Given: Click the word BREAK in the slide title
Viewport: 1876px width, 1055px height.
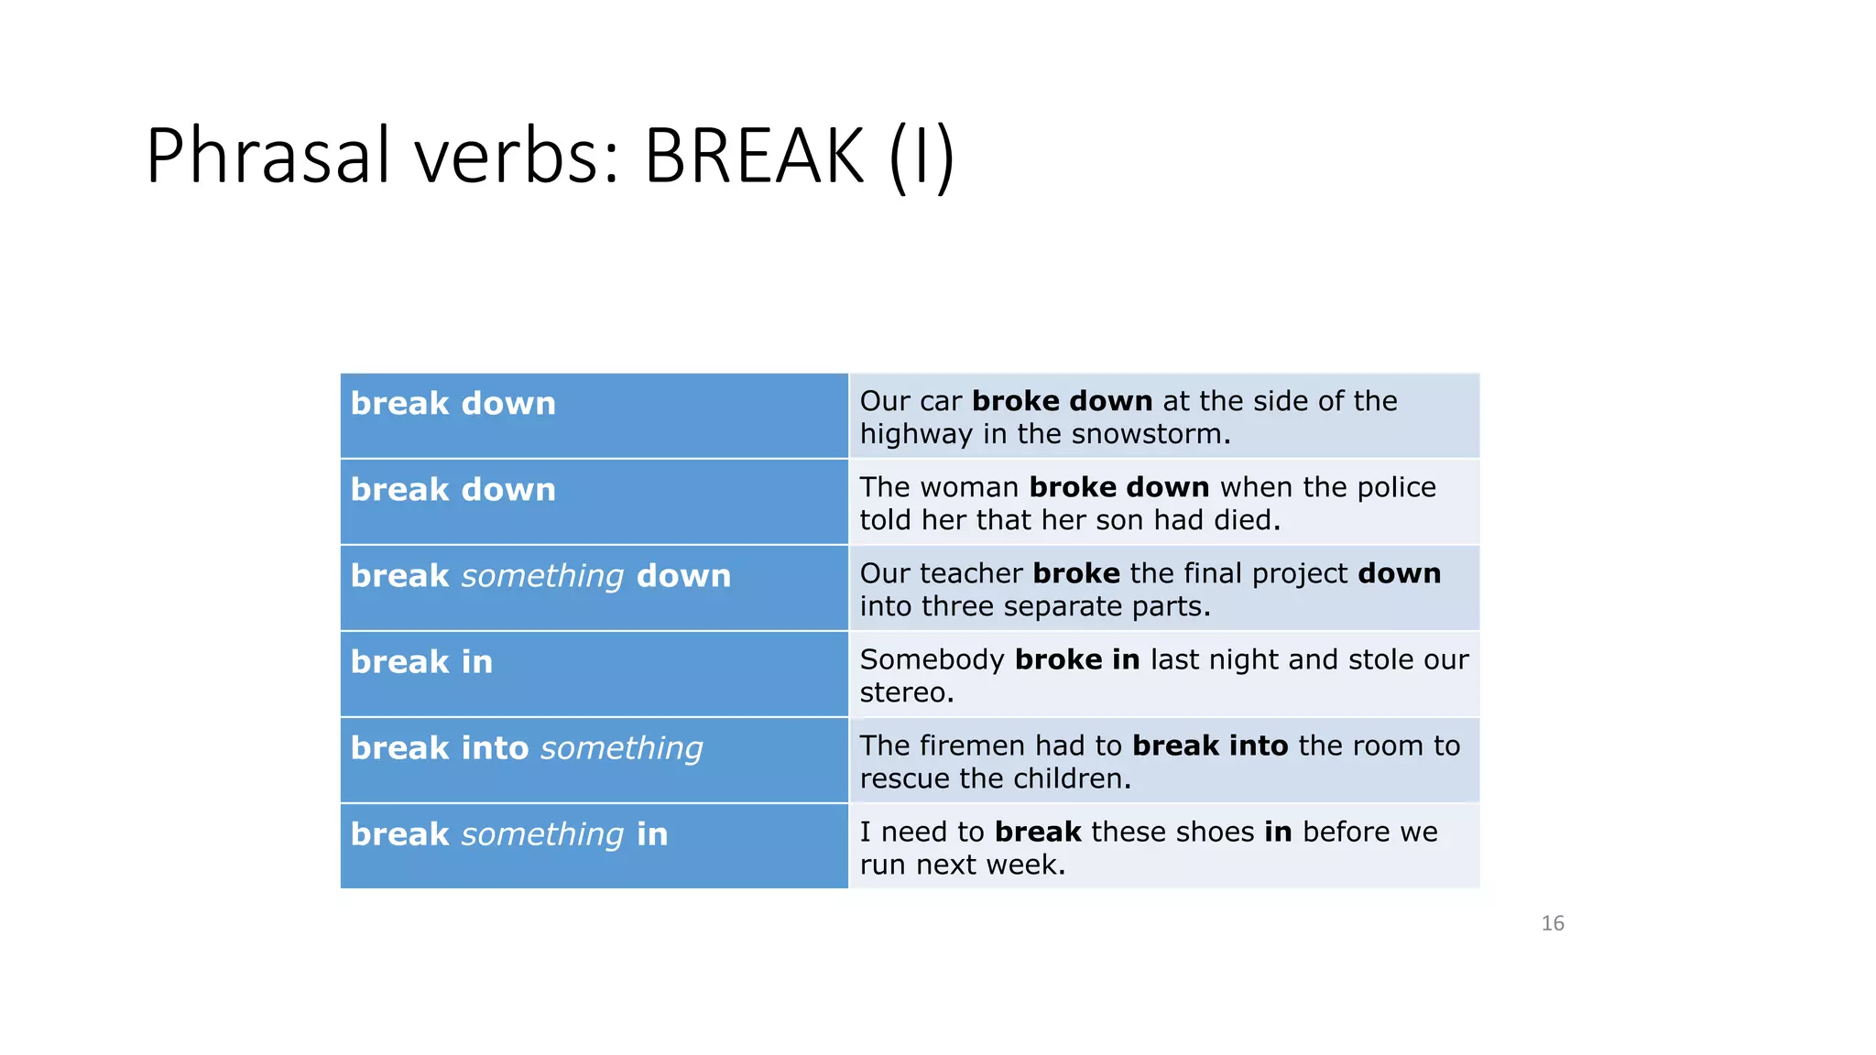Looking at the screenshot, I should [x=754, y=156].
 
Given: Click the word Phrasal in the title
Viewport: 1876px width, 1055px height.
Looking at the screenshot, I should [x=269, y=156].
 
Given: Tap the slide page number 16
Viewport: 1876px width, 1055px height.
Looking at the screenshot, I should [x=1553, y=923].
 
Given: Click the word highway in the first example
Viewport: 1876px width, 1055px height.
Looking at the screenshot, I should [x=916, y=434].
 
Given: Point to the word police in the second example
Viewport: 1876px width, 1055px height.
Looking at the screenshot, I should [x=1396, y=487].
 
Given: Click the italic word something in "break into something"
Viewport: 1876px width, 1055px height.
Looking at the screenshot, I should [x=622, y=748].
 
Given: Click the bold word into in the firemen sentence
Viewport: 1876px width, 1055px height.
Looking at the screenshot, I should [x=1259, y=745].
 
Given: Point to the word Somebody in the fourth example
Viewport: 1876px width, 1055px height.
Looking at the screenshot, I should [x=932, y=659].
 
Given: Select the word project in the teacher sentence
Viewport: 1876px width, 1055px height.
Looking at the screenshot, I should [x=1300, y=573].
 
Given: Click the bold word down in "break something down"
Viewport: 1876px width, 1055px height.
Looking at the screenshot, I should [x=683, y=576].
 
